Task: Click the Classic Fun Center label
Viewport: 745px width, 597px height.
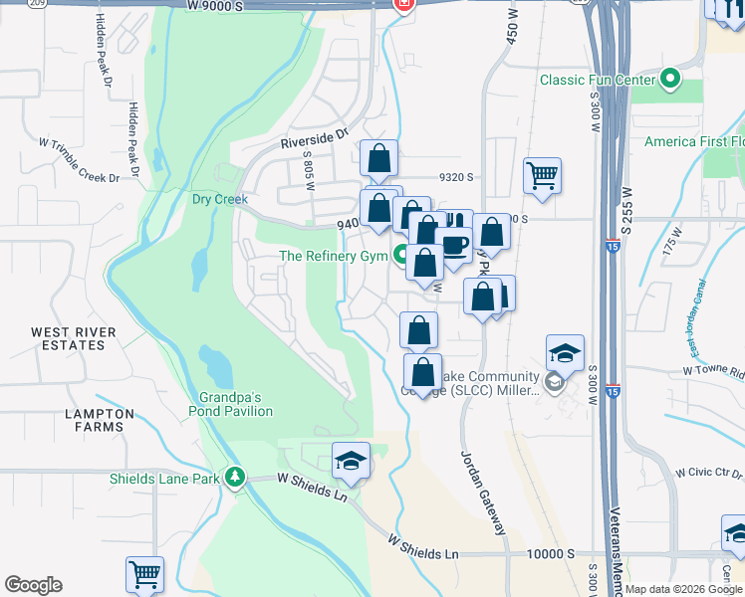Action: [x=598, y=80]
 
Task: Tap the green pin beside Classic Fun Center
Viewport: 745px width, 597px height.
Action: [x=670, y=79]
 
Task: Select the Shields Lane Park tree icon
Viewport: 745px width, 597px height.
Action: [x=235, y=478]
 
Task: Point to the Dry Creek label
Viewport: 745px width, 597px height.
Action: [x=219, y=199]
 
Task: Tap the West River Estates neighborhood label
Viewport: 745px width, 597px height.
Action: [x=73, y=338]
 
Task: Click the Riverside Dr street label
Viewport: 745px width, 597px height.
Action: [x=315, y=135]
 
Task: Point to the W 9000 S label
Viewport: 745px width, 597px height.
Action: [x=242, y=5]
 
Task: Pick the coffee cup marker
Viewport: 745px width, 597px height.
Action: [x=455, y=245]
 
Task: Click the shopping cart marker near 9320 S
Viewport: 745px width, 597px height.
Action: [x=542, y=176]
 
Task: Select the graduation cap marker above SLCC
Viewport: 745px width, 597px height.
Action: [x=564, y=353]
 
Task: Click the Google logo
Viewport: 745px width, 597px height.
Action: [x=33, y=585]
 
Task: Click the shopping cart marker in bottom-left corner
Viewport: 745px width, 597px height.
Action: [x=144, y=574]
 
